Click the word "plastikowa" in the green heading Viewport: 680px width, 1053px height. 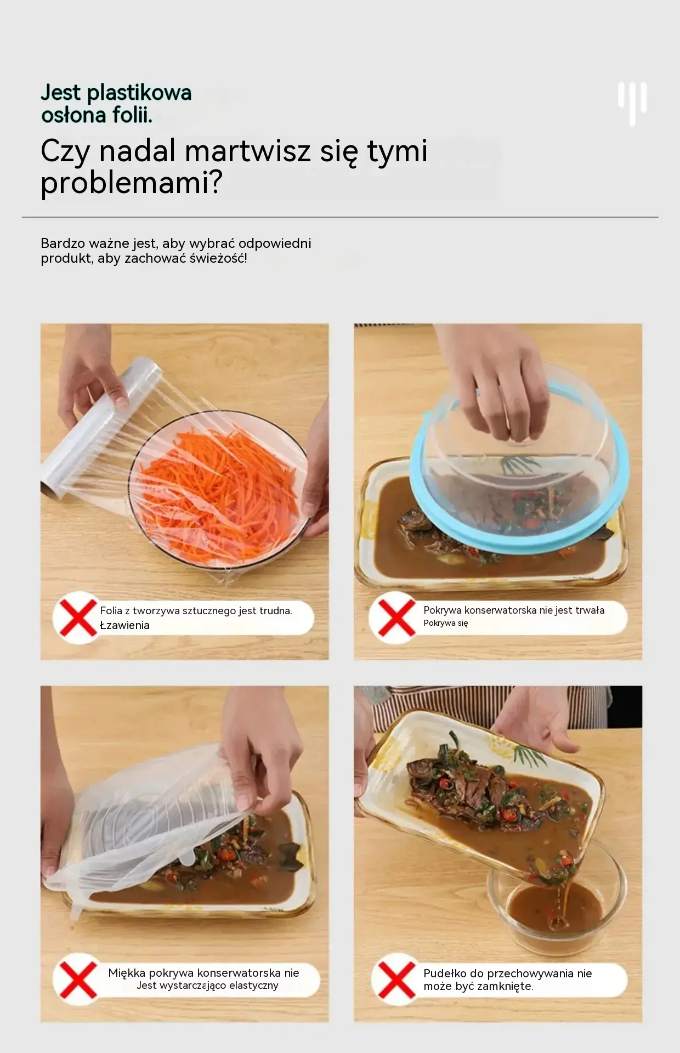(146, 93)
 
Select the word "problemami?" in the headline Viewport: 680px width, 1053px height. (131, 183)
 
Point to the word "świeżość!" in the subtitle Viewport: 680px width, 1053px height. (218, 258)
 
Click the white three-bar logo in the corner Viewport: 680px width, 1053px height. (632, 103)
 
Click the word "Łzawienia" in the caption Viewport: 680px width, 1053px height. (124, 625)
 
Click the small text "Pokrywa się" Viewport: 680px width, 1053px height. (445, 623)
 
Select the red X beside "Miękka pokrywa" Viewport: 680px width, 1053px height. (78, 980)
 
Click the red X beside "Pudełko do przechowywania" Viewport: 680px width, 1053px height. (396, 980)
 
